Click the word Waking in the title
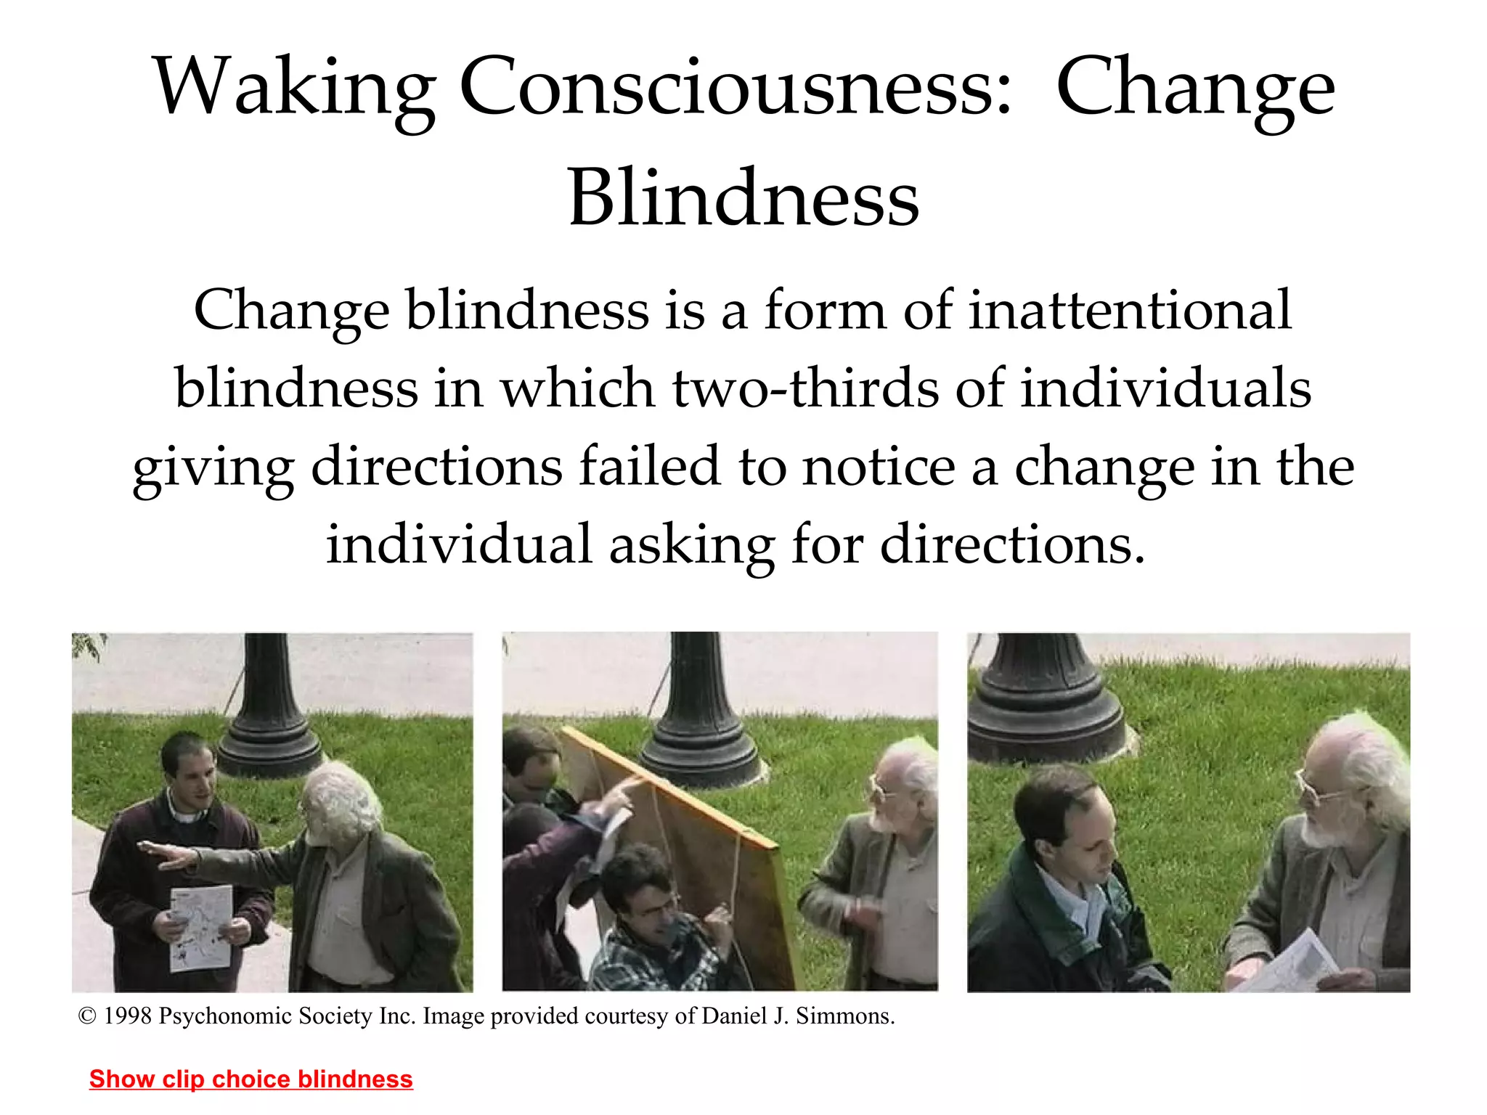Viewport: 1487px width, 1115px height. [293, 89]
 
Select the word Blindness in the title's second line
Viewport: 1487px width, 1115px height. [743, 199]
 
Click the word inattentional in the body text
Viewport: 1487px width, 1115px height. [1130, 311]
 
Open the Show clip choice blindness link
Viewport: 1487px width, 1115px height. [250, 1079]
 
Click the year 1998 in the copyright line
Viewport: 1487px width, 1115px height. [127, 1016]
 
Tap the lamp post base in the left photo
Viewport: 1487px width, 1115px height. [270, 740]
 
